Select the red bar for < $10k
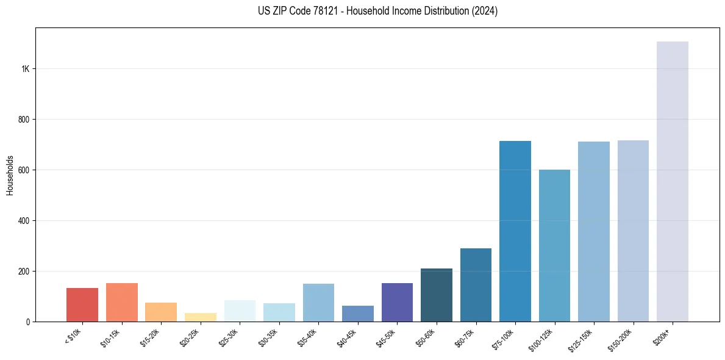(x=82, y=304)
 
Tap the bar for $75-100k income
(x=515, y=231)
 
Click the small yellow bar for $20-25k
(x=201, y=317)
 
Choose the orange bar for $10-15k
(x=122, y=302)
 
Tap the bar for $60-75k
(x=476, y=285)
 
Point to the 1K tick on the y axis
(x=26, y=69)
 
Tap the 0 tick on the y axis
(x=28, y=322)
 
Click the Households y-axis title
(x=10, y=175)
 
